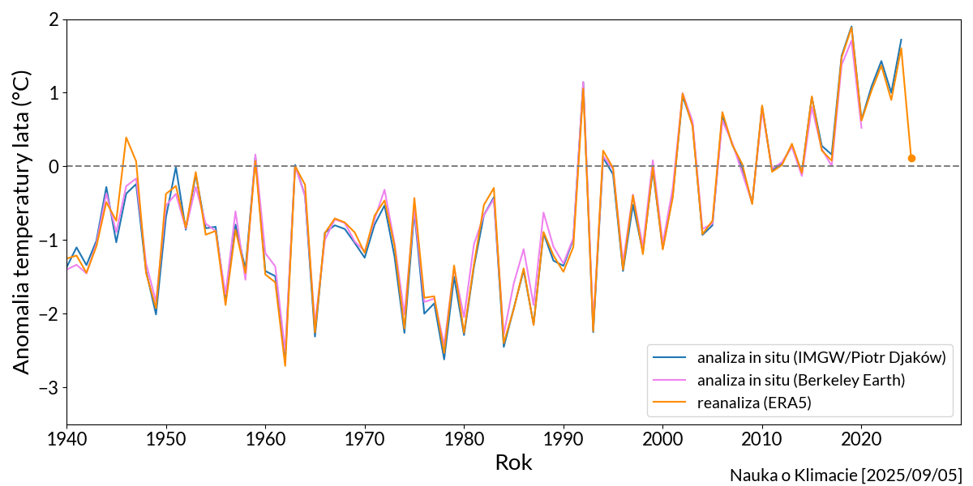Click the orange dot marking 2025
click(911, 158)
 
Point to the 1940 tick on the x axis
click(67, 437)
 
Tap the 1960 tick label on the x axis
click(265, 437)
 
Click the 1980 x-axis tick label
click(464, 437)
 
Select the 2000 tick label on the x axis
click(662, 437)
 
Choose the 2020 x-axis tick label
click(861, 437)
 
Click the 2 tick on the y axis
click(54, 19)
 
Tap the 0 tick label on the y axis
click(54, 166)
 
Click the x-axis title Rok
click(513, 463)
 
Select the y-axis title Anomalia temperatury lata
click(22, 221)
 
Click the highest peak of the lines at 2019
click(851, 27)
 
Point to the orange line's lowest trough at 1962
click(285, 365)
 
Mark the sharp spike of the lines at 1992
click(583, 83)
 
